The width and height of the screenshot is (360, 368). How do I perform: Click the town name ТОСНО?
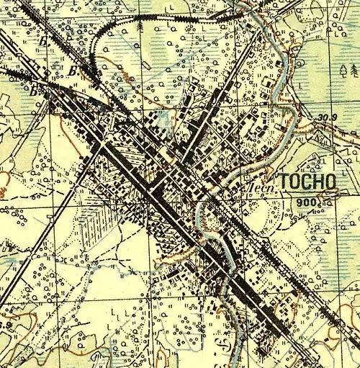[x=307, y=181]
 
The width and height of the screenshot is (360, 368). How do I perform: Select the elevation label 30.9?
[x=326, y=117]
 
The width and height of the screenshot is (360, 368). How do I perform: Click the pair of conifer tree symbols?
[x=349, y=70]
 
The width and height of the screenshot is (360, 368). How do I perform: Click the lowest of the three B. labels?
[x=32, y=91]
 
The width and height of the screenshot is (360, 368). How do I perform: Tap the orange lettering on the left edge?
[x=4, y=189]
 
